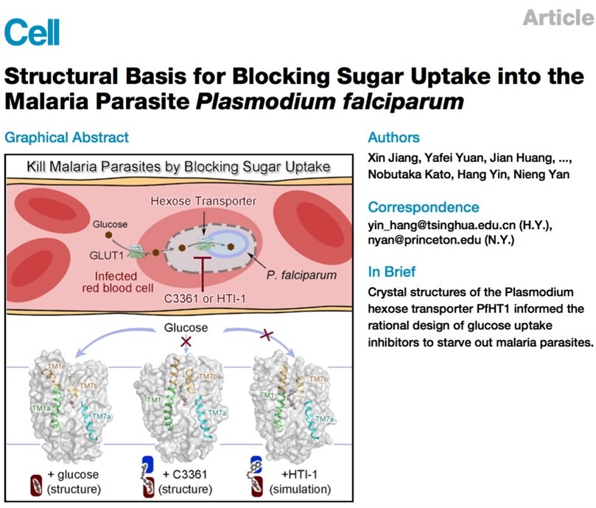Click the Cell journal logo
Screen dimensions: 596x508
32,32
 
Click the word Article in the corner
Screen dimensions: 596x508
558,17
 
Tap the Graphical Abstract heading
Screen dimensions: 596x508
66,137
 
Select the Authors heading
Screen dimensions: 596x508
394,137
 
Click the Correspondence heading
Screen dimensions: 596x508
424,207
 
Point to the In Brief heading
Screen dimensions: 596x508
391,272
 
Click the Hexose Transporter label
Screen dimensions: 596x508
203,201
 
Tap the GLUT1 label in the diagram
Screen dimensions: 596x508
106,255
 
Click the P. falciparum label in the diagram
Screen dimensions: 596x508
301,275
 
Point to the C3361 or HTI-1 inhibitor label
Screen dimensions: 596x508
205,299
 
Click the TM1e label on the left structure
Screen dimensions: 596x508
57,367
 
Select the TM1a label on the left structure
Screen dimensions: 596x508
41,408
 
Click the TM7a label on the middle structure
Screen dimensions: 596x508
217,413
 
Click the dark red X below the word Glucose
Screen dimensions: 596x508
186,341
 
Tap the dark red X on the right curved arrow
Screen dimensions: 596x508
267,335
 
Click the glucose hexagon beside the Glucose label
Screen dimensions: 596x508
109,235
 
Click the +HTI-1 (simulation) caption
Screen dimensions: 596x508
300,481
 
